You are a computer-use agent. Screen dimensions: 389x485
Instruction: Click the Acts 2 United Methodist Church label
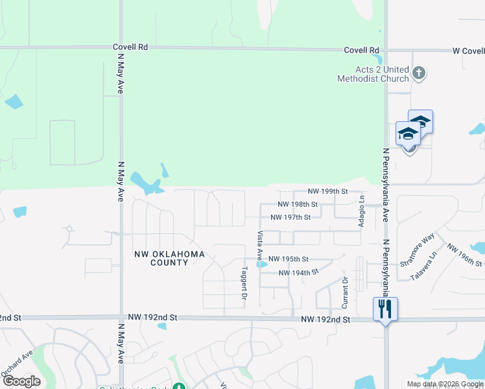point(373,74)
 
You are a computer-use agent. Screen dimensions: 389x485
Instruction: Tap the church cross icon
point(419,73)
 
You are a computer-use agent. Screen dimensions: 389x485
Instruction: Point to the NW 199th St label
point(328,191)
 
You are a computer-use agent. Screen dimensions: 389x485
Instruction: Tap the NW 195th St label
point(288,258)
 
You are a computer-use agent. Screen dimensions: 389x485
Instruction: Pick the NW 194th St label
point(298,273)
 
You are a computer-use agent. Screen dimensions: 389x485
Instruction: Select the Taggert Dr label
point(244,283)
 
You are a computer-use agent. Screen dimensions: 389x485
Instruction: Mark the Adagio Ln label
point(362,210)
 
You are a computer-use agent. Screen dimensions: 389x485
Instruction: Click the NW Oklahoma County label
point(170,258)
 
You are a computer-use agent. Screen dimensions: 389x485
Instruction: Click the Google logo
point(21,381)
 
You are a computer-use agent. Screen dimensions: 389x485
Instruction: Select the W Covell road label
point(467,51)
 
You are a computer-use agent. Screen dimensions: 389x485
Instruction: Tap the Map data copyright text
point(444,384)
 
